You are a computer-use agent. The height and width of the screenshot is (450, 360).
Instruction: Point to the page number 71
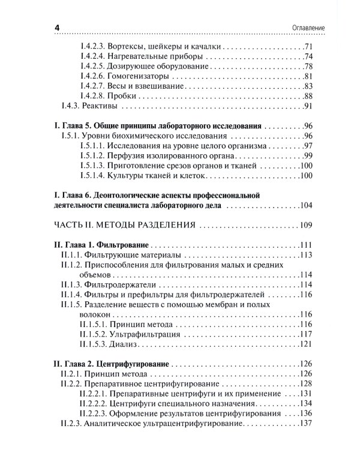pyautogui.click(x=309, y=46)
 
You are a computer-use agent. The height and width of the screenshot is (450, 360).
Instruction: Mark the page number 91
pyautogui.click(x=309, y=107)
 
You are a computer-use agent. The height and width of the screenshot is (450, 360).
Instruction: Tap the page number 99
pyautogui.click(x=309, y=155)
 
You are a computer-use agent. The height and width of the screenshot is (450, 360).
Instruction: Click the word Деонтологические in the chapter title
pyautogui.click(x=141, y=196)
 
